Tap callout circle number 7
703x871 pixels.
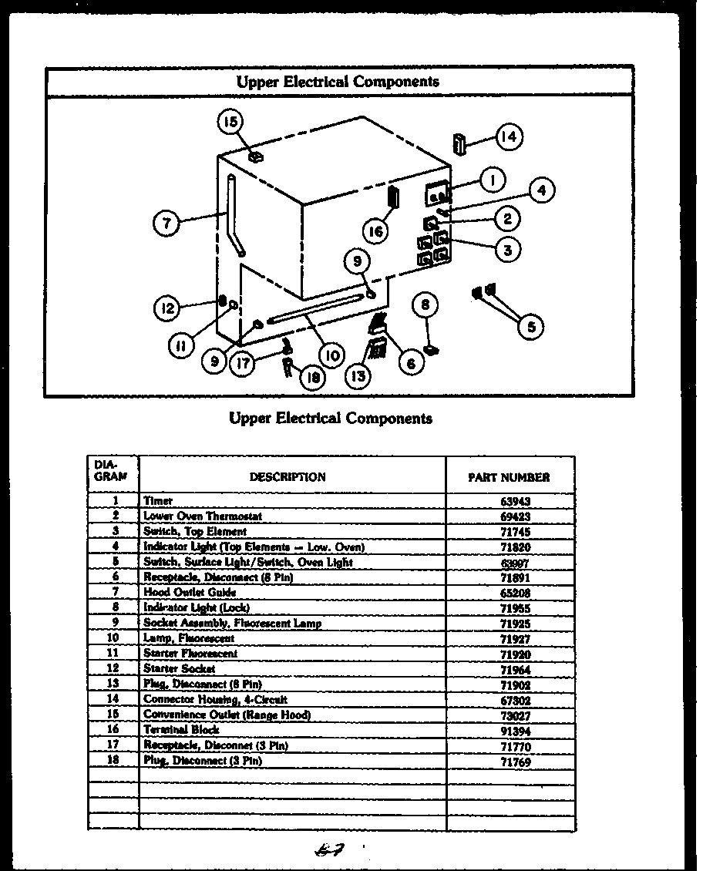[166, 224]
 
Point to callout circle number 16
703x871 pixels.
[375, 230]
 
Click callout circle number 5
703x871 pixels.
[530, 326]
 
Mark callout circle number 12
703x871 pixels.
[166, 308]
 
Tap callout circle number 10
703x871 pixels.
[332, 355]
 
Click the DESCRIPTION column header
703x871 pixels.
[287, 477]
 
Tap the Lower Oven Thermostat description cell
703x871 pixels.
[203, 516]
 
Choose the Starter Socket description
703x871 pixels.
[179, 668]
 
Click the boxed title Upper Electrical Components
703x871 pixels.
[338, 81]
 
